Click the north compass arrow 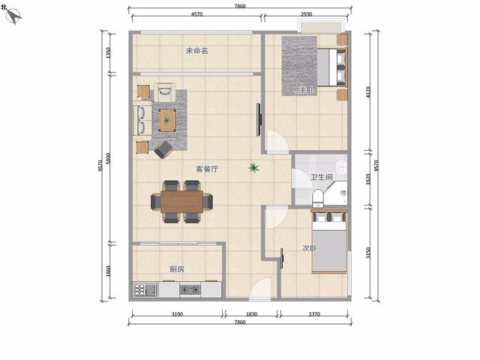click(13, 16)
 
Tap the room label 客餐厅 click(207, 169)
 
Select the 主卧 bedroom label click(307, 90)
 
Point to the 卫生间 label click(322, 177)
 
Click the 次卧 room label click(309, 248)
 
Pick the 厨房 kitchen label click(177, 269)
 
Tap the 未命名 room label click(196, 51)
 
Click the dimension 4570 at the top click(196, 14)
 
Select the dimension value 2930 click(306, 14)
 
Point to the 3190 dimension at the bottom click(177, 314)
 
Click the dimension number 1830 click(252, 314)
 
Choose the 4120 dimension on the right click(368, 92)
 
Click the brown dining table click(181, 202)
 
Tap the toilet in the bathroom click(318, 197)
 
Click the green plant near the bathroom click(253, 167)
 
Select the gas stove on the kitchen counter click(190, 289)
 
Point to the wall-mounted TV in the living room click(259, 120)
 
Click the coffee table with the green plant click(166, 120)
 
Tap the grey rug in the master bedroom click(299, 66)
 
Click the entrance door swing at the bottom click(260, 288)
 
